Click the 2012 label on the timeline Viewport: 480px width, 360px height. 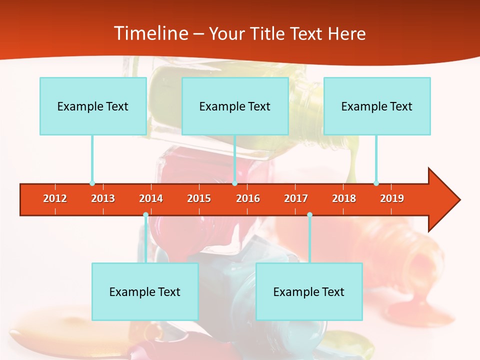point(55,198)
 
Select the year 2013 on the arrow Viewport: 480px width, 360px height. point(103,198)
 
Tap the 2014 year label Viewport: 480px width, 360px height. point(151,198)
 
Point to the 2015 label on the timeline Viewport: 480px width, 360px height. point(199,198)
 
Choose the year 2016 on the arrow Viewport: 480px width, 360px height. point(248,198)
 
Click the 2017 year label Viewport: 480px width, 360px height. point(296,198)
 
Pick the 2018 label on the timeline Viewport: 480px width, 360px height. point(344,198)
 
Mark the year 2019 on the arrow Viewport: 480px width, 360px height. point(392,198)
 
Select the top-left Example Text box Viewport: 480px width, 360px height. point(93,106)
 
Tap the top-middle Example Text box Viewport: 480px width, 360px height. point(235,106)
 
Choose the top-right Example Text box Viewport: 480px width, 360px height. point(377,106)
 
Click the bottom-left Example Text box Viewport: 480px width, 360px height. point(145,291)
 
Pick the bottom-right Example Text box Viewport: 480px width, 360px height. point(309,291)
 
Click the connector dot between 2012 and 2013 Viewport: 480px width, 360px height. point(92,183)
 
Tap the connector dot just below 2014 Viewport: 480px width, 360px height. point(145,215)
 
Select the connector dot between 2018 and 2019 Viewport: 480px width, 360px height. point(376,183)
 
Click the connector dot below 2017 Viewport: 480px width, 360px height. point(309,215)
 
